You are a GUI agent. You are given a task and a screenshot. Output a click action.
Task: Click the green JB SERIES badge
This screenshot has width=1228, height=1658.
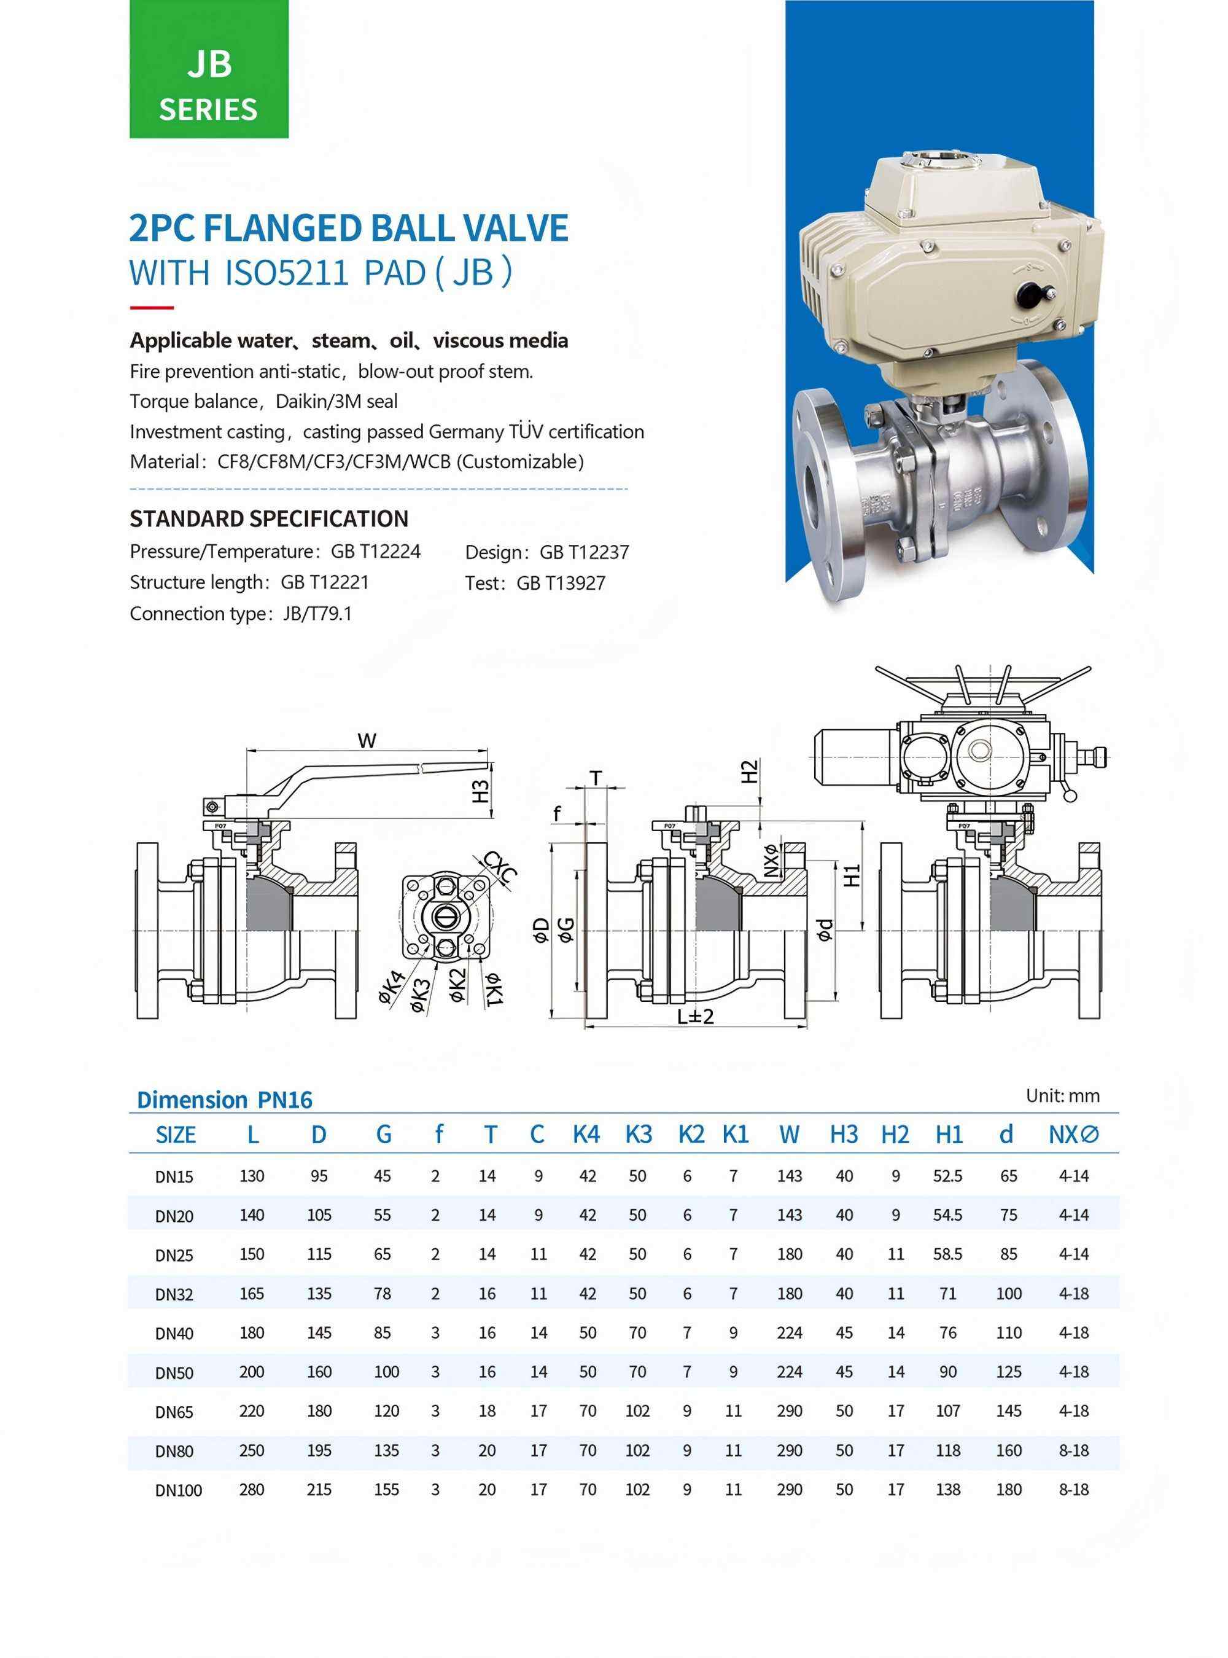pyautogui.click(x=209, y=69)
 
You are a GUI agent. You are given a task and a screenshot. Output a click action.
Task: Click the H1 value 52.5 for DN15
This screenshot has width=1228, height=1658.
pyautogui.click(x=948, y=1176)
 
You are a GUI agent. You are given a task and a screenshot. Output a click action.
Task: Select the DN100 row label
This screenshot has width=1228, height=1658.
pyautogui.click(x=179, y=1490)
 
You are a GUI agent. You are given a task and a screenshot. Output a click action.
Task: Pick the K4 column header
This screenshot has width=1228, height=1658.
pyautogui.click(x=586, y=1135)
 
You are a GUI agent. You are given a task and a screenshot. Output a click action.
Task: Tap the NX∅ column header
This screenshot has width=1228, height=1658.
pyautogui.click(x=1073, y=1135)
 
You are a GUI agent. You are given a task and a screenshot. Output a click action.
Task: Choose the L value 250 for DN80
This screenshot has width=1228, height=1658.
pyautogui.click(x=252, y=1450)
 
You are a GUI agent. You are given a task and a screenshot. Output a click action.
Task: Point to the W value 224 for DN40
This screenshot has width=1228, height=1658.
pyautogui.click(x=790, y=1332)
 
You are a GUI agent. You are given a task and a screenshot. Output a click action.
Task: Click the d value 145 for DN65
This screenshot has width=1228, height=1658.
pyautogui.click(x=1009, y=1410)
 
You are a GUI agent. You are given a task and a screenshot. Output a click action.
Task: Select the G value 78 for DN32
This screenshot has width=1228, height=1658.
pyautogui.click(x=383, y=1293)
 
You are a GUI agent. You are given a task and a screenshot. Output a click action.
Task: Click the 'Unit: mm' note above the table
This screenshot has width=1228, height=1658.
pyautogui.click(x=1062, y=1095)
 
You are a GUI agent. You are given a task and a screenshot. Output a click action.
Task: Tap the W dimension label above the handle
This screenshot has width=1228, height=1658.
pyautogui.click(x=367, y=740)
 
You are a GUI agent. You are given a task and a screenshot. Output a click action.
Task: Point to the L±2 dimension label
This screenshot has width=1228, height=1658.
pyautogui.click(x=695, y=1016)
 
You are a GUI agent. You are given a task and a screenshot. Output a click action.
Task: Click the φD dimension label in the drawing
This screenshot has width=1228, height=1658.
pyautogui.click(x=542, y=930)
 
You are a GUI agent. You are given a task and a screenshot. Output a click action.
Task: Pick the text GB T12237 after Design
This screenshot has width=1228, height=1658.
pyautogui.click(x=585, y=552)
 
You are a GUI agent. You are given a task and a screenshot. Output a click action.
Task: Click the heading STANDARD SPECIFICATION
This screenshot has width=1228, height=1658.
pyautogui.click(x=269, y=518)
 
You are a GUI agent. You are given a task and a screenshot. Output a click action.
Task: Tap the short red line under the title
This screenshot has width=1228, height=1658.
pyautogui.click(x=152, y=307)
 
